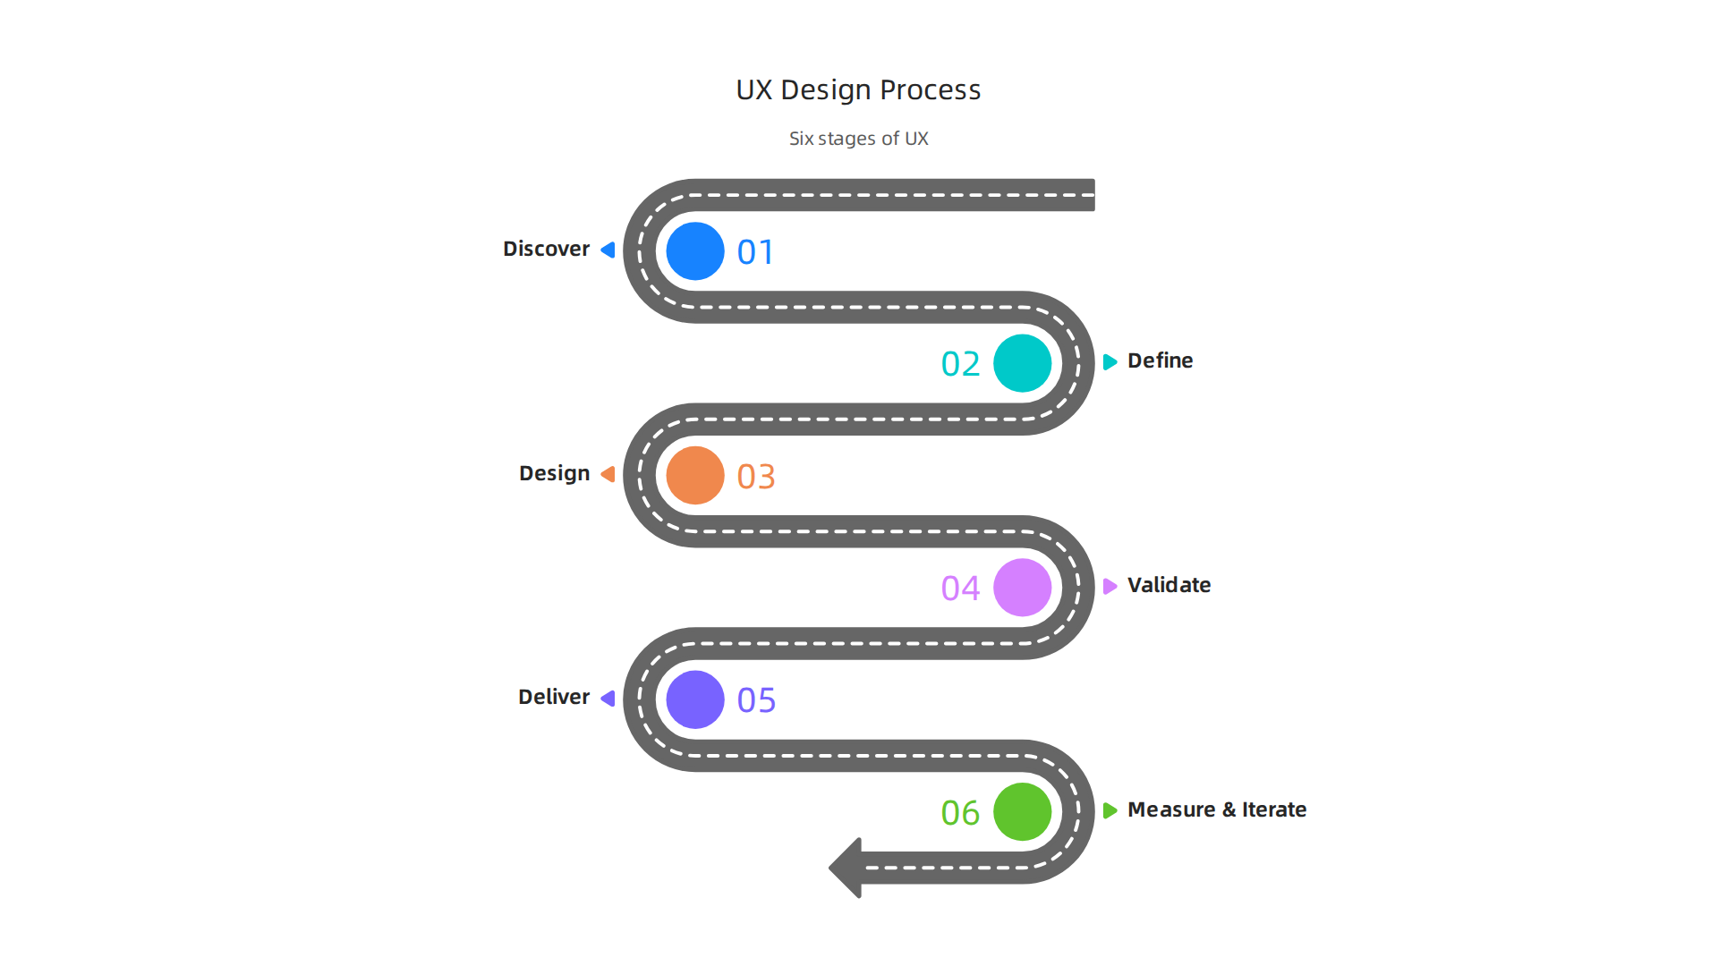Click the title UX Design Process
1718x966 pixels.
click(x=858, y=90)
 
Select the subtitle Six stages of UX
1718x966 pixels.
click(x=858, y=139)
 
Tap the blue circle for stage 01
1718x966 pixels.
click(x=695, y=251)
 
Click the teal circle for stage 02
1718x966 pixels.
click(x=1022, y=363)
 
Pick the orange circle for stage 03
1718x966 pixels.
click(x=695, y=475)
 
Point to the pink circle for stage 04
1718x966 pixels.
click(x=1022, y=588)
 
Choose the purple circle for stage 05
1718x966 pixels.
click(x=695, y=699)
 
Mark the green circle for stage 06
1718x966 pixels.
click(x=1022, y=811)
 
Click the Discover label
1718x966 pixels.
click(x=546, y=249)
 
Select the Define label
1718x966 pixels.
click(x=1160, y=360)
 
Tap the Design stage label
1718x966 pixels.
click(x=554, y=473)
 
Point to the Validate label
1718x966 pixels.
click(x=1169, y=585)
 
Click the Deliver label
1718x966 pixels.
click(x=554, y=697)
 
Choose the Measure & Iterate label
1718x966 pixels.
click(x=1217, y=809)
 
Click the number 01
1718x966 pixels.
click(x=755, y=252)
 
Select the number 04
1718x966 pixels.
click(x=960, y=589)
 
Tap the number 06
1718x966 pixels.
click(x=960, y=813)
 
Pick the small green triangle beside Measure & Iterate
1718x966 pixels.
click(x=1110, y=810)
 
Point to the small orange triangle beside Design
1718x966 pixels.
click(x=608, y=474)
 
